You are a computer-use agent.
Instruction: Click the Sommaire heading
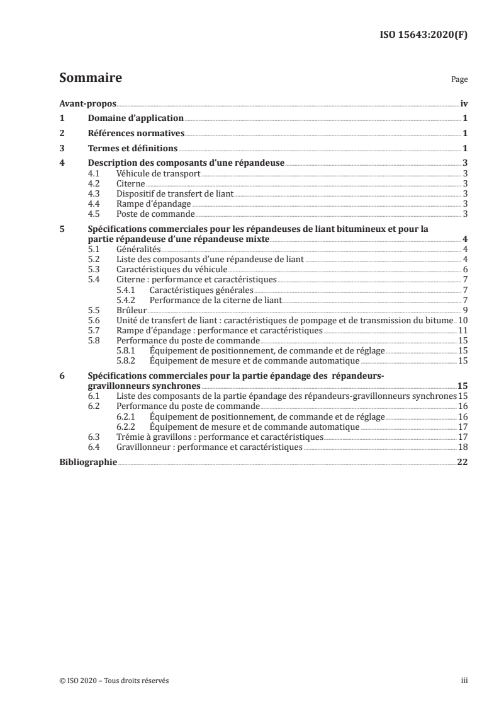[x=90, y=79]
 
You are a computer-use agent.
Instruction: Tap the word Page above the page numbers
[x=459, y=81]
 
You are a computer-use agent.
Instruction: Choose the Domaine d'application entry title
[x=135, y=118]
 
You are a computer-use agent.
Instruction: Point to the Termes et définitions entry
[x=132, y=149]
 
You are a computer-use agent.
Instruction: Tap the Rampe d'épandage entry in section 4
[x=154, y=204]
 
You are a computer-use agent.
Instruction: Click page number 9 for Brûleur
[x=465, y=310]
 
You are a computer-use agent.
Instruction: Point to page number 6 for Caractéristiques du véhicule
[x=465, y=270]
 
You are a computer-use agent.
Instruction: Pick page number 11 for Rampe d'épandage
[x=463, y=330]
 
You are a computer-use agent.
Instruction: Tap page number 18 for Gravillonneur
[x=463, y=446]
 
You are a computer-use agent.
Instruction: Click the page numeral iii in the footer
[x=464, y=681]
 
